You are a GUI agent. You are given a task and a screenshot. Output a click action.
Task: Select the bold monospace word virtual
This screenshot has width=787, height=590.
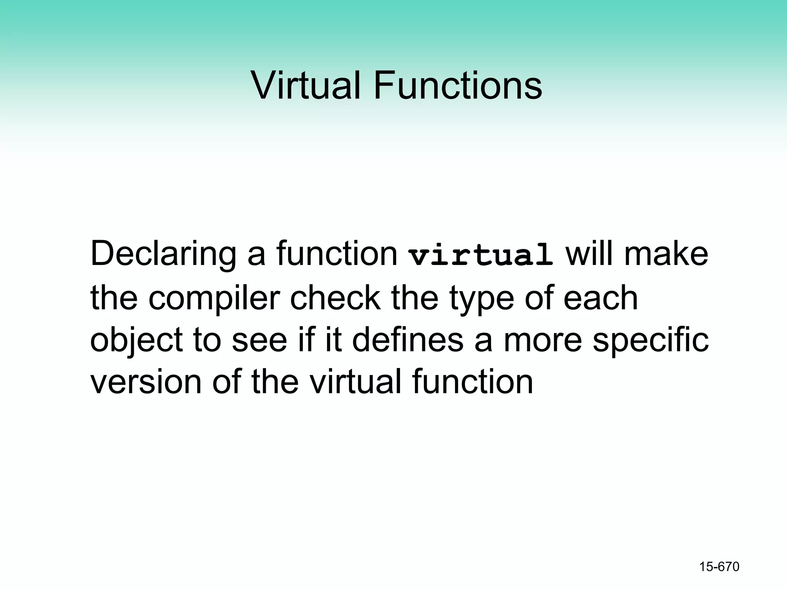481,255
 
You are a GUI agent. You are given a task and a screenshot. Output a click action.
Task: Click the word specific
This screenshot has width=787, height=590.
650,341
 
